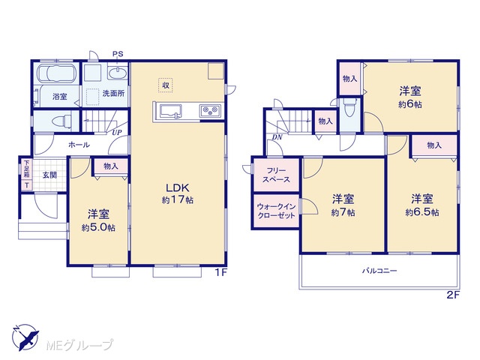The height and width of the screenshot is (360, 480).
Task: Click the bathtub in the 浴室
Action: [x=56, y=74]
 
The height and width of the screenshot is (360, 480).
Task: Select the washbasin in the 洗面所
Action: [x=118, y=74]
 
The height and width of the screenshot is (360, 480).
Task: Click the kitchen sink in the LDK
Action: [x=169, y=111]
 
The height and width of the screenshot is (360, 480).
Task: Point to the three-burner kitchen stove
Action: [x=210, y=110]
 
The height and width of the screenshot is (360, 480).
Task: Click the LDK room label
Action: [x=178, y=187]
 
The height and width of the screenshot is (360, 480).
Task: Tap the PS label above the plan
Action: [x=118, y=54]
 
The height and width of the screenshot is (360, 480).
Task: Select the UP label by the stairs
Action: [x=117, y=133]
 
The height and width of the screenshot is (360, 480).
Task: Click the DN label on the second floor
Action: [x=277, y=138]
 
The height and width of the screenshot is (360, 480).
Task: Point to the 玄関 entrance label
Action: [x=49, y=175]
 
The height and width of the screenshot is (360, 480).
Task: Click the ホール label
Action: [x=79, y=145]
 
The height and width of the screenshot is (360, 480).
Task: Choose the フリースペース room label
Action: [x=276, y=175]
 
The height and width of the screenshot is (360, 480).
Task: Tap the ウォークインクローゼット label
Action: [x=276, y=211]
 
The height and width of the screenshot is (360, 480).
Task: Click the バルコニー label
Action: [x=379, y=271]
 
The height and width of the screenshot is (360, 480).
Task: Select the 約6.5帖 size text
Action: [x=422, y=212]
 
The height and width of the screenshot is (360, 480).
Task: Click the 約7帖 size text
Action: [x=343, y=212]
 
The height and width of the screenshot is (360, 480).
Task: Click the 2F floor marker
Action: [x=453, y=295]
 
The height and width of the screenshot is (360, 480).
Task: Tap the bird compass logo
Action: [x=25, y=337]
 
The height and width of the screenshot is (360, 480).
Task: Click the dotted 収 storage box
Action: [x=166, y=85]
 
